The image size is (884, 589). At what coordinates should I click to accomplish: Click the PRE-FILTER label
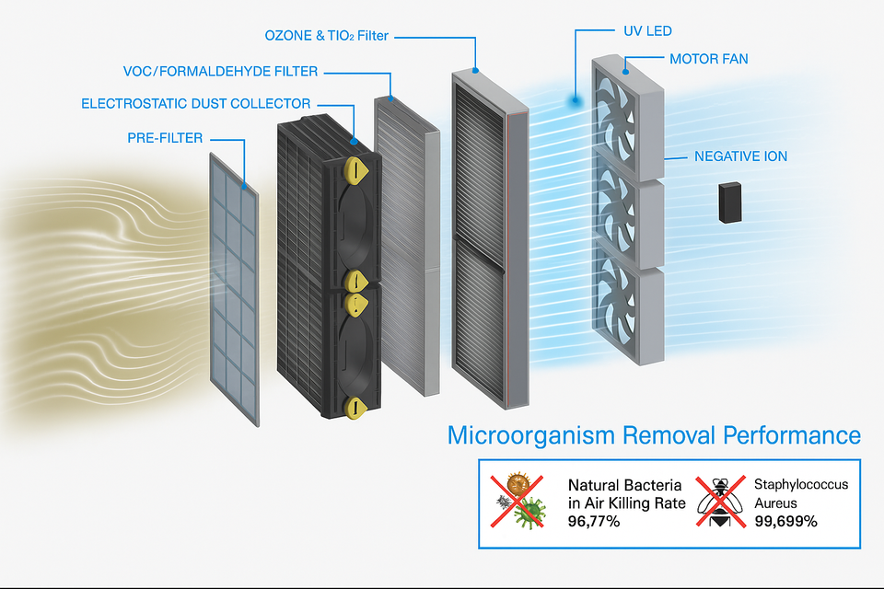tap(165, 139)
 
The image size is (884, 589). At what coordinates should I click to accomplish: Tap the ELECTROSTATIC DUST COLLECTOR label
tap(196, 104)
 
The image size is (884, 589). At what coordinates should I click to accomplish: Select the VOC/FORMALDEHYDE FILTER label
tap(222, 71)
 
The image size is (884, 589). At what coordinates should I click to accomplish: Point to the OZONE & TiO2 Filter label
tap(327, 36)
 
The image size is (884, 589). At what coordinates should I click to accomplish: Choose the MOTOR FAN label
tap(708, 59)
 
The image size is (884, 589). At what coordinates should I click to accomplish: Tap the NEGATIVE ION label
tap(740, 156)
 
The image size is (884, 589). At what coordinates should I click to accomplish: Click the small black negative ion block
tap(732, 202)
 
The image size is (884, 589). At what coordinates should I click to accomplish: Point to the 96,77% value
tap(593, 522)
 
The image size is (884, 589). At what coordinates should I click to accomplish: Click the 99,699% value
tap(785, 521)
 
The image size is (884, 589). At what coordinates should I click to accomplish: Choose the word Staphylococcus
tap(801, 484)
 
